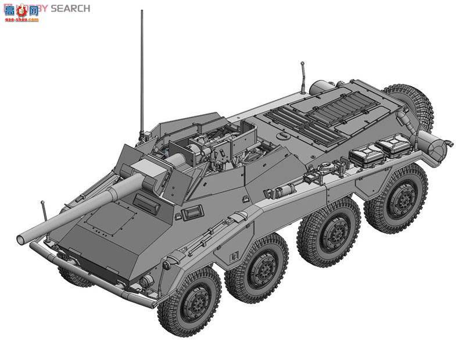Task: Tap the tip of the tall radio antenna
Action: pyautogui.click(x=142, y=11)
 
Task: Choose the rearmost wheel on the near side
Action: pyautogui.click(x=396, y=197)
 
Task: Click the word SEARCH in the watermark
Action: pyautogui.click(x=70, y=8)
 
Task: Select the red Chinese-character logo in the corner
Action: pyautogui.click(x=21, y=12)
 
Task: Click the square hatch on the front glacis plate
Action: pyautogui.click(x=113, y=219)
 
